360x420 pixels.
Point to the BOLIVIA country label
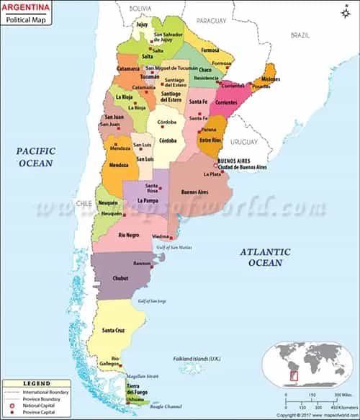pos(140,7)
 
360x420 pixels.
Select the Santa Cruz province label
pos(116,331)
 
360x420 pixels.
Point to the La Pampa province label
pos(147,200)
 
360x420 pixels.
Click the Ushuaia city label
pos(135,398)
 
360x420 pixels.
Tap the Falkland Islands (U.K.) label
pos(197,358)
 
